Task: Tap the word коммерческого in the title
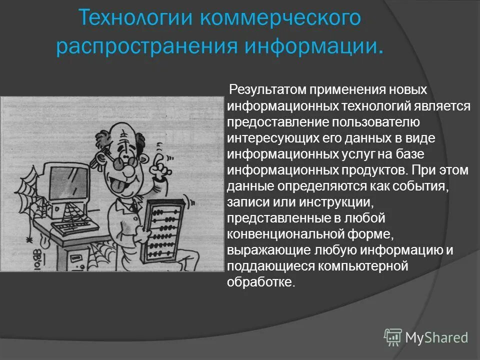point(280,19)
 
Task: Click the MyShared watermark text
point(436,337)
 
